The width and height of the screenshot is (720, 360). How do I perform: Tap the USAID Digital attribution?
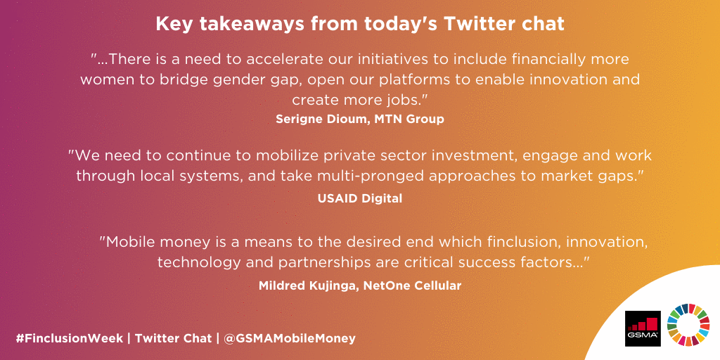coord(360,198)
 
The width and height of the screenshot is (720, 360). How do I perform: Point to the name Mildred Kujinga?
coord(309,285)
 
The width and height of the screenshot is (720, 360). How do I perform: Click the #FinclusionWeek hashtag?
coord(69,338)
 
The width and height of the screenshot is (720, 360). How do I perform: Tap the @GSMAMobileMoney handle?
coord(290,338)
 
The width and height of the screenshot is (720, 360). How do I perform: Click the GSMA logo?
coord(643,328)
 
